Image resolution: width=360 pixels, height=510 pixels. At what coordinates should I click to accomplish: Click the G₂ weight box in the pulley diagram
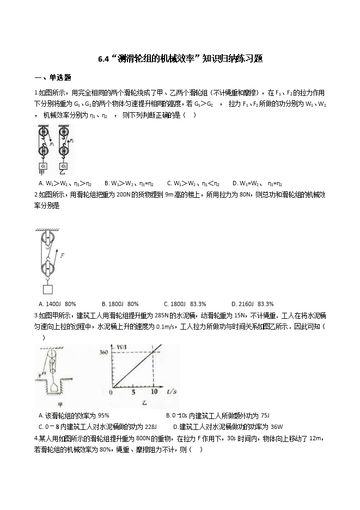click(64, 166)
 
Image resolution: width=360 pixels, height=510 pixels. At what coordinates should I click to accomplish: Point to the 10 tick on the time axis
click(154, 392)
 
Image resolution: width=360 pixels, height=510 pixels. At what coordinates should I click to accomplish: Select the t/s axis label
click(172, 391)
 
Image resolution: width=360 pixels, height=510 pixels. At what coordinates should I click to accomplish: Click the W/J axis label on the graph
click(121, 347)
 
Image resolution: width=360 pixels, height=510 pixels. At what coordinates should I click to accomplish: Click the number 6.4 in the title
click(105, 59)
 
